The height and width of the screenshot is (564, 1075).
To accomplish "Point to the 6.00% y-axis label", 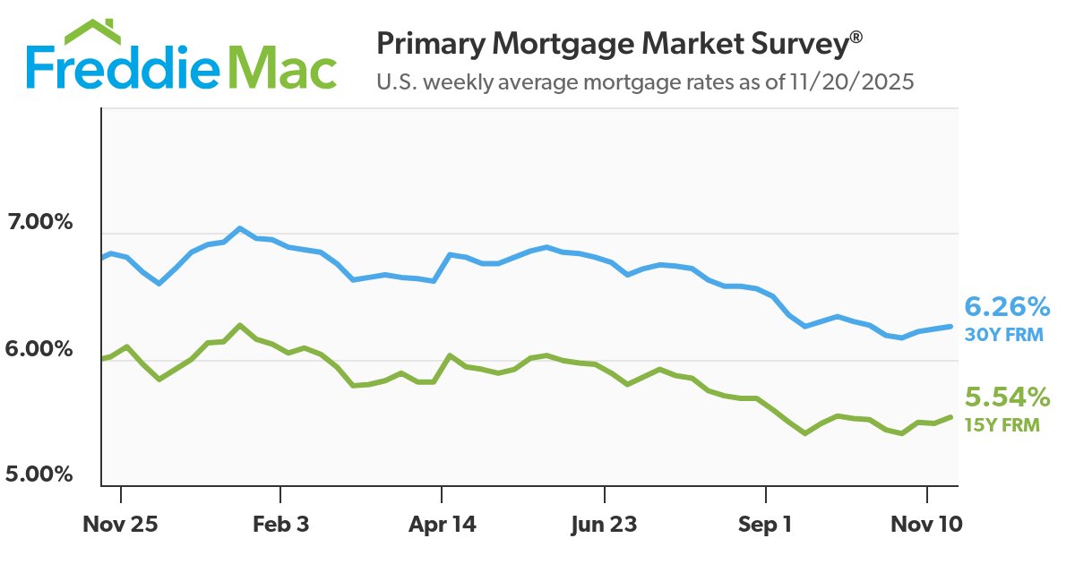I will [x=39, y=348].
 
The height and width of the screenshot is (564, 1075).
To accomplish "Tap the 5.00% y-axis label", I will [x=39, y=474].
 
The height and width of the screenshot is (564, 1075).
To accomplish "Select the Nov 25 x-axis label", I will [x=120, y=524].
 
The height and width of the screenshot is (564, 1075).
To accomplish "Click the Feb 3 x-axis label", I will [x=280, y=524].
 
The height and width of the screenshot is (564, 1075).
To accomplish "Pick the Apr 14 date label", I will [x=442, y=524].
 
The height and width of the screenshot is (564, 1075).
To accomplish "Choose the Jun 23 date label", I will [x=604, y=524].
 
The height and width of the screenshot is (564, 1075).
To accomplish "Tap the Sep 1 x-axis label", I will [x=764, y=524].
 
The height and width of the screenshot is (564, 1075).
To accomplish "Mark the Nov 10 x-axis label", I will [x=926, y=524].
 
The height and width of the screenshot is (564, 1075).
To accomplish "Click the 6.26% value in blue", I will [x=1006, y=308].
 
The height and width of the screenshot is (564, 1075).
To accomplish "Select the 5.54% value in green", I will [x=1006, y=397].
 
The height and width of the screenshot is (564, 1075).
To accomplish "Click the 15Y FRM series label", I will [x=1002, y=424].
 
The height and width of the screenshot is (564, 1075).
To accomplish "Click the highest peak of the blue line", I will [x=239, y=228].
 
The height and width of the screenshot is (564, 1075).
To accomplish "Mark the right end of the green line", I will [x=950, y=416].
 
